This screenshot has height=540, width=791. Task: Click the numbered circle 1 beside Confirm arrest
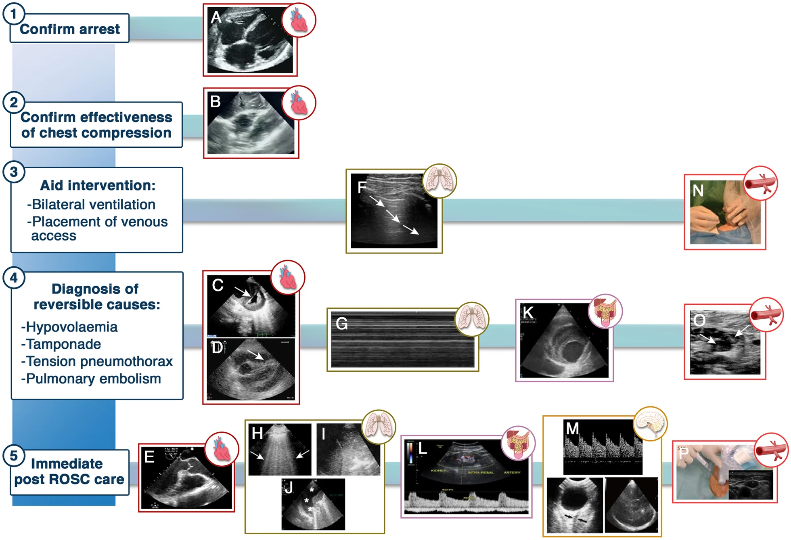(14, 14)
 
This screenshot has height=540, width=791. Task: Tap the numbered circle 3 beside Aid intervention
(14, 172)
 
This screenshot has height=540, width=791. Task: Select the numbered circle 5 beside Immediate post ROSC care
(14, 456)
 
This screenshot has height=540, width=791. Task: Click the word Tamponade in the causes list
(63, 344)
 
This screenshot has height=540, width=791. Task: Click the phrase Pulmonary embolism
(93, 379)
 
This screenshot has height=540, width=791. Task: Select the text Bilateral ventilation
(93, 205)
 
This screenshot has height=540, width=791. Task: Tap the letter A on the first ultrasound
(216, 17)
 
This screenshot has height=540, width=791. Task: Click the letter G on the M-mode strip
(341, 324)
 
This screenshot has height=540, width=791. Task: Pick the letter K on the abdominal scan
(528, 312)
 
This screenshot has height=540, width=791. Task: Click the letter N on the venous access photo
(698, 190)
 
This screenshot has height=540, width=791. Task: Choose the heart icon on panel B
(299, 103)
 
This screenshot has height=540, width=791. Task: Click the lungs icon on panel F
(439, 180)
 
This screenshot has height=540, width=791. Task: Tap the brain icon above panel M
(650, 423)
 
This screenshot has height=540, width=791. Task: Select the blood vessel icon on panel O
(766, 315)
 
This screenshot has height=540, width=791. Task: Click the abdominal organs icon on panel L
(518, 443)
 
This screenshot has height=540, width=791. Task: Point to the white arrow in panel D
(255, 355)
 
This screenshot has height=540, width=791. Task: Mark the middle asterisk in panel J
(307, 500)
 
